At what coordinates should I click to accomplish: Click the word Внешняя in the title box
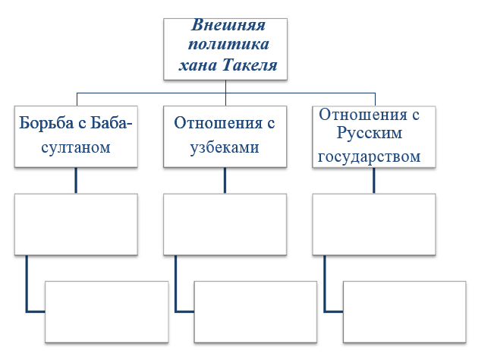point(228,25)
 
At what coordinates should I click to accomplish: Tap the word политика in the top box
point(228,44)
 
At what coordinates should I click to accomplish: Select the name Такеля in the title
point(250,65)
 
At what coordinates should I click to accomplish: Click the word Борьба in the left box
point(46,122)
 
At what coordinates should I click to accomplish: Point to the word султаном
point(76,147)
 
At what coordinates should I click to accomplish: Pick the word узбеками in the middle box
point(225,147)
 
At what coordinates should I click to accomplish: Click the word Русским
point(370,133)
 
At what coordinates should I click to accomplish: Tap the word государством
point(369,156)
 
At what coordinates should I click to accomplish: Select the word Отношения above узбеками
point(218,122)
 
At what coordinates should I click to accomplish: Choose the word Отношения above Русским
point(363,115)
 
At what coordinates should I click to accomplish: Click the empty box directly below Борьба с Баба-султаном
point(76,225)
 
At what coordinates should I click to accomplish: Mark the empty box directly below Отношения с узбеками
point(225,225)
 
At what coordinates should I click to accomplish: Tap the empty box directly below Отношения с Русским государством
point(374,225)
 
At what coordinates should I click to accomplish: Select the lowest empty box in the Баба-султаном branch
point(106,311)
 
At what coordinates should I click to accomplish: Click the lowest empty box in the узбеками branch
point(256,311)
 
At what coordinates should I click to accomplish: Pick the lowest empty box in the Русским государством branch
point(404,311)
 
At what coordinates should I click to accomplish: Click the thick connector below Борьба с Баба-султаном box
point(76,180)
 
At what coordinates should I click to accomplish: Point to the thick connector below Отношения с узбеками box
point(225,180)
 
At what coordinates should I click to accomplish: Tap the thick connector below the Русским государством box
point(374,180)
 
